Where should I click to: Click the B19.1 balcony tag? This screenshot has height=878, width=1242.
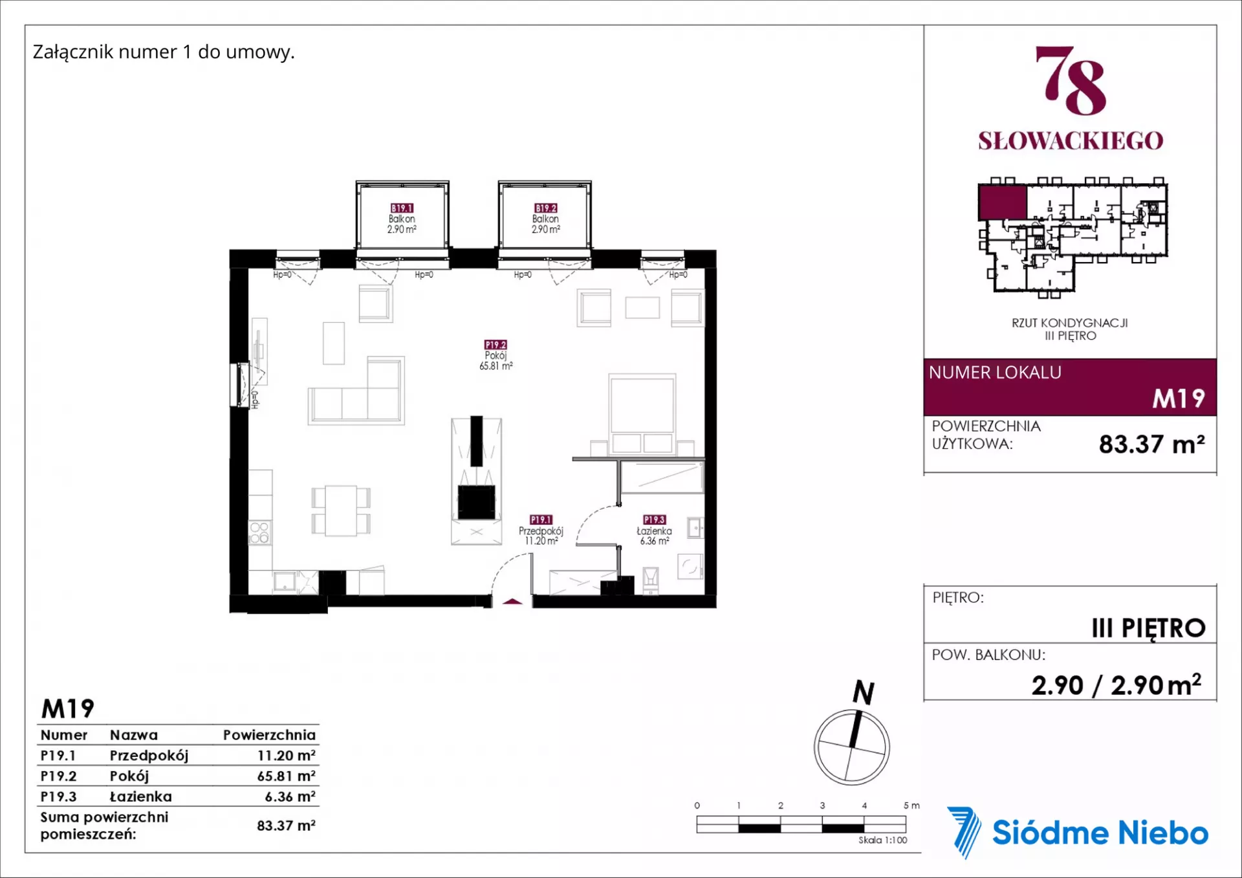point(402,208)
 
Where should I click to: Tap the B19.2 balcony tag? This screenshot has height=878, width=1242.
point(546,208)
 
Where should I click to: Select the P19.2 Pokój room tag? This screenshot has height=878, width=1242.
point(496,345)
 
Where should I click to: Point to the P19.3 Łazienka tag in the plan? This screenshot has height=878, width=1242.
point(654,520)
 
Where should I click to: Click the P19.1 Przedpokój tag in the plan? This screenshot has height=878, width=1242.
point(541,520)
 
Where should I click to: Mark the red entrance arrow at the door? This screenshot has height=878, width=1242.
point(512,602)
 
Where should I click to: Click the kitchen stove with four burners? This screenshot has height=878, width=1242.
point(259,532)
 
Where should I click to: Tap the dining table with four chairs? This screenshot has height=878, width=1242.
point(341,510)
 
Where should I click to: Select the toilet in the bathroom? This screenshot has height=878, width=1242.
point(651,580)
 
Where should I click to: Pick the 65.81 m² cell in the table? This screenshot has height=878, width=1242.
point(286,776)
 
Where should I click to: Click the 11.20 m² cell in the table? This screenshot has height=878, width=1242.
point(286,755)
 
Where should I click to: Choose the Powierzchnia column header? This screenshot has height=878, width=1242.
point(269,735)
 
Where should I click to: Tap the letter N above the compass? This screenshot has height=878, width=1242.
point(864,692)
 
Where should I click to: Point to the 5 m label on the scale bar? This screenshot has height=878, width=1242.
point(911,806)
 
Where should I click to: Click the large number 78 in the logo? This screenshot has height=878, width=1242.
point(1071,80)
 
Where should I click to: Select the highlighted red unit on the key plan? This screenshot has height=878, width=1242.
point(1002,202)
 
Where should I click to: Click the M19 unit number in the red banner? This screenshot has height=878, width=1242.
point(1179,399)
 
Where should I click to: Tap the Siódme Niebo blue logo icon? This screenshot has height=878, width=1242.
point(964,832)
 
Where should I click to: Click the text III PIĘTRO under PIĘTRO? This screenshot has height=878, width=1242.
point(1148,628)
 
